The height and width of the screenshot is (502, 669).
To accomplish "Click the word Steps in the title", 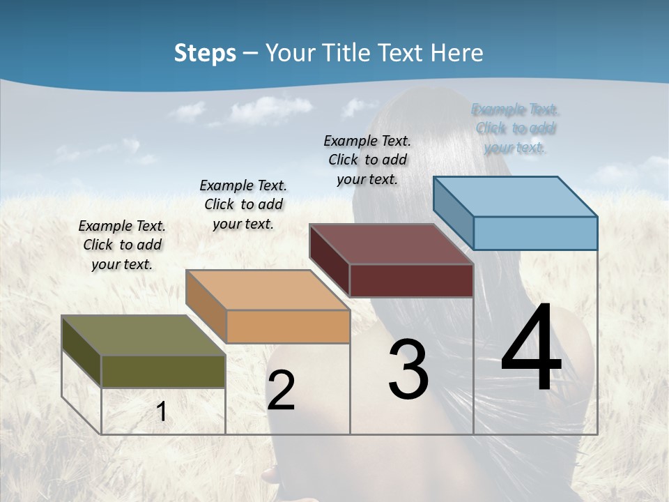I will [205, 53].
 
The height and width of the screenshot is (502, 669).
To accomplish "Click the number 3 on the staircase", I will [408, 370].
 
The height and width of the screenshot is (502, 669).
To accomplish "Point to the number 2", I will [281, 390].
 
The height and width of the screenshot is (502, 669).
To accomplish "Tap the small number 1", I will [162, 411].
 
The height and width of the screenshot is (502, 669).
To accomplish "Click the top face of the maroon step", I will [391, 244].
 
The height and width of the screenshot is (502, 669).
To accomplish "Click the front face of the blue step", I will [535, 233].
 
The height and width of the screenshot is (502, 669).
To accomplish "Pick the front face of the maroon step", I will [411, 280].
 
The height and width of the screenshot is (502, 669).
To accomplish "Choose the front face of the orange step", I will [288, 326].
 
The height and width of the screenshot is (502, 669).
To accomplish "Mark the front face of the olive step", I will [163, 371].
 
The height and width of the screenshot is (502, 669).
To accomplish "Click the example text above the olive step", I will [122, 245].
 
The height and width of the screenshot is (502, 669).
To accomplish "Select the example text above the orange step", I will [243, 204].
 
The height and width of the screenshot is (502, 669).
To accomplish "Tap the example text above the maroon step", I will [367, 160].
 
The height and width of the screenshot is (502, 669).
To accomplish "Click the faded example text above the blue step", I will [515, 128].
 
